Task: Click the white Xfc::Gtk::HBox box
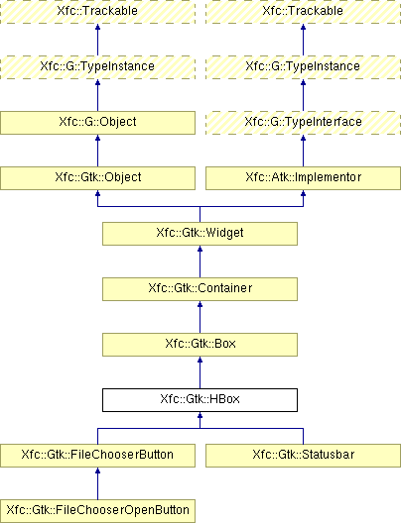pyautogui.click(x=200, y=400)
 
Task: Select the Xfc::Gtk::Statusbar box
pyautogui.click(x=303, y=456)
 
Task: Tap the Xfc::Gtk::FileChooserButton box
pyautogui.click(x=97, y=456)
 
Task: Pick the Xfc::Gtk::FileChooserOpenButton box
pyautogui.click(x=97, y=511)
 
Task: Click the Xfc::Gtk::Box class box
pyautogui.click(x=200, y=345)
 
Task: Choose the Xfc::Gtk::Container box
pyautogui.click(x=200, y=289)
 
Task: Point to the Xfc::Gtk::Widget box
pyautogui.click(x=200, y=234)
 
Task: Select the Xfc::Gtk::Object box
pyautogui.click(x=97, y=178)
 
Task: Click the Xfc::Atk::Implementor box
pyautogui.click(x=303, y=178)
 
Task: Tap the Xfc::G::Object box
pyautogui.click(x=97, y=123)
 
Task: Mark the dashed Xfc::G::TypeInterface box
pyautogui.click(x=303, y=123)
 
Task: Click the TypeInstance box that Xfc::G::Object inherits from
pyautogui.click(x=97, y=67)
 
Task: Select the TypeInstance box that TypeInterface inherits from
pyautogui.click(x=303, y=67)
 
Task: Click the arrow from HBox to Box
pyautogui.click(x=200, y=372)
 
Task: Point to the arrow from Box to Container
pyautogui.click(x=200, y=317)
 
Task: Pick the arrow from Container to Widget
pyautogui.click(x=200, y=261)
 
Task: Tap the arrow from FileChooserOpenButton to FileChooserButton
pyautogui.click(x=97, y=483)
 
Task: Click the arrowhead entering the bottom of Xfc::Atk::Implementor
pyautogui.click(x=303, y=193)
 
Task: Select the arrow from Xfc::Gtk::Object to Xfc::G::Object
pyautogui.click(x=97, y=151)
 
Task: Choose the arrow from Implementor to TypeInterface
pyautogui.click(x=303, y=151)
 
